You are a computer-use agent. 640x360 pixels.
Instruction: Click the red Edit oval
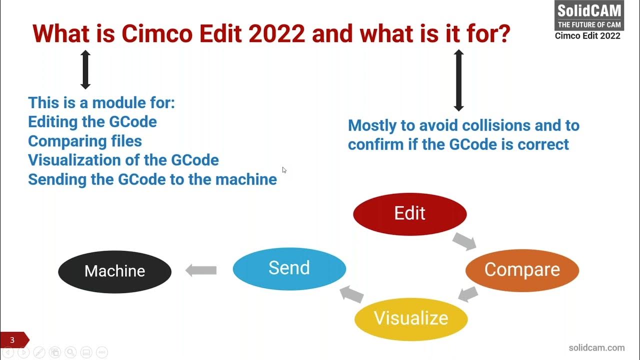pos(409,214)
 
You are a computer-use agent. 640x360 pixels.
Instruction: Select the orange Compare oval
pos(522,270)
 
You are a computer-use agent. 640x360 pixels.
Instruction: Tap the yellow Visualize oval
pos(411,318)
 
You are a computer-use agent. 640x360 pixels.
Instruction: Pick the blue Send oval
pos(289,268)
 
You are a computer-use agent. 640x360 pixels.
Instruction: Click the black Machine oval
pos(114,271)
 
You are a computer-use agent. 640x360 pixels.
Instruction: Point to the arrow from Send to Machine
pos(201,270)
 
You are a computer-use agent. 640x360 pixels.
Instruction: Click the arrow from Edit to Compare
pos(464,241)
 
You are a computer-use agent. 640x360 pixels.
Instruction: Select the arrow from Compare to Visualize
pos(468,294)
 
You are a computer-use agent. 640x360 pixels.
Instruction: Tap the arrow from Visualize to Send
pos(352,294)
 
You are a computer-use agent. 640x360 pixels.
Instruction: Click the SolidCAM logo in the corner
pos(589,16)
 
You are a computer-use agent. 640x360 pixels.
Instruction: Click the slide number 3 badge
pos(13,340)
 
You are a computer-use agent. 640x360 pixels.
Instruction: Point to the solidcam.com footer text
pos(596,347)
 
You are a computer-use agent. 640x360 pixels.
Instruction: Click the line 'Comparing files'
pos(85,141)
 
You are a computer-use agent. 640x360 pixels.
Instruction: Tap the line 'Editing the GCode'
pos(92,121)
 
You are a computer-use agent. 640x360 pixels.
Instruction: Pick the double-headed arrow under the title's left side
pos(85,69)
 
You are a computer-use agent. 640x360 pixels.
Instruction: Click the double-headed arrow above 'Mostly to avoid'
pos(458,80)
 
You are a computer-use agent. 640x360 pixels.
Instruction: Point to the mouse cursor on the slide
pos(284,170)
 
